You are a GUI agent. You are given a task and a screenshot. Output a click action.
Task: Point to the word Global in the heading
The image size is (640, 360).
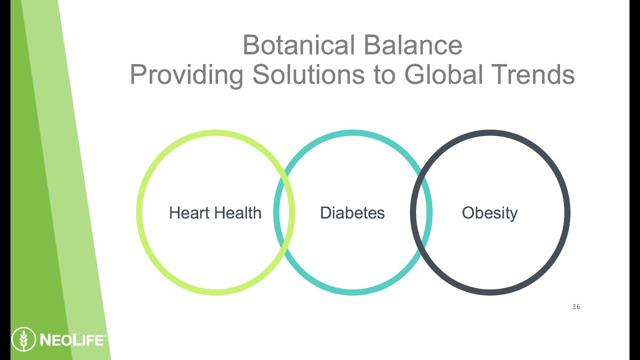tap(442, 74)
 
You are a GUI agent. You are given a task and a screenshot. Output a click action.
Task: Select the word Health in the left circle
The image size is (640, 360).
tap(236, 213)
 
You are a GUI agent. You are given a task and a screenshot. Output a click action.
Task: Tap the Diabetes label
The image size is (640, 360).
tap(352, 213)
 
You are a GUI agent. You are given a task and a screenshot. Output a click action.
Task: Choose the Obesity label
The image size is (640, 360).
tap(489, 213)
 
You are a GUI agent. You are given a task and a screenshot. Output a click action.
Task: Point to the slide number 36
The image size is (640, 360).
tap(576, 307)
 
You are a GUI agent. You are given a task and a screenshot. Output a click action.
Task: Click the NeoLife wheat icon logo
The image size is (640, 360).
tap(23, 340)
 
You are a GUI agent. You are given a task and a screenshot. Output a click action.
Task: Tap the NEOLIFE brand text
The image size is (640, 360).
tap(71, 340)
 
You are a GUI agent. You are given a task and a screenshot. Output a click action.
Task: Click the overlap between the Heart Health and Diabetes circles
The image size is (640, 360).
tap(284, 212)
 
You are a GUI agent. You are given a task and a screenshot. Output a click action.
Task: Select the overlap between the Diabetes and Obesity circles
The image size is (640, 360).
tap(421, 212)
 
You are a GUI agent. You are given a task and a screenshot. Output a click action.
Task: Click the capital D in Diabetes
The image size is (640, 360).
tap(325, 213)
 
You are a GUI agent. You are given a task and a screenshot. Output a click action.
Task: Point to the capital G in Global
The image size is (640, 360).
tap(415, 74)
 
